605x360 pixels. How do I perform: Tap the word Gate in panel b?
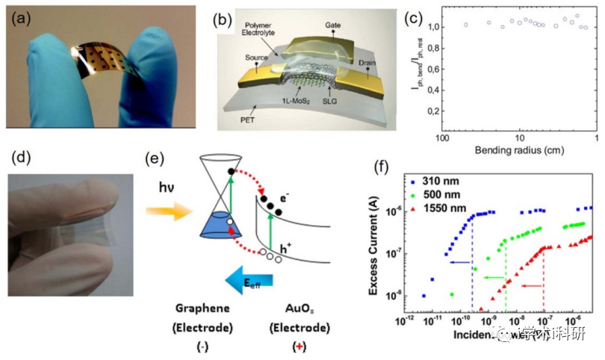[332, 24]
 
